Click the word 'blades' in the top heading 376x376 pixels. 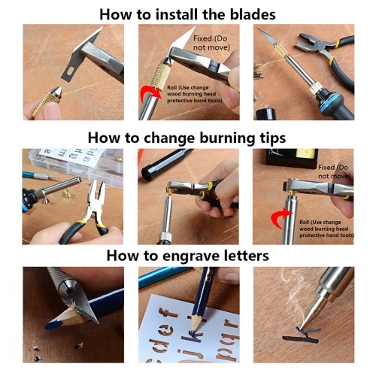tap(253, 14)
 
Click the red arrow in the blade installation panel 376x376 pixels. tap(151, 92)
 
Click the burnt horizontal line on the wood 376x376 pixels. tap(300, 339)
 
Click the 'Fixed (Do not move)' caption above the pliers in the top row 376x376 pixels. tap(211, 43)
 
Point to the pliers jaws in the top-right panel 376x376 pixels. tap(309, 42)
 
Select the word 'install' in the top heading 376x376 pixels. tap(176, 14)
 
